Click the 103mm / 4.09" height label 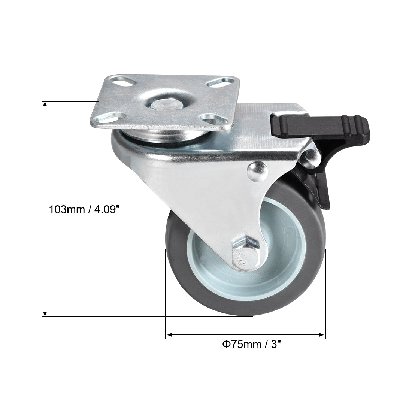(x=84, y=209)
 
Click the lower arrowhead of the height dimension (x=45, y=313)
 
